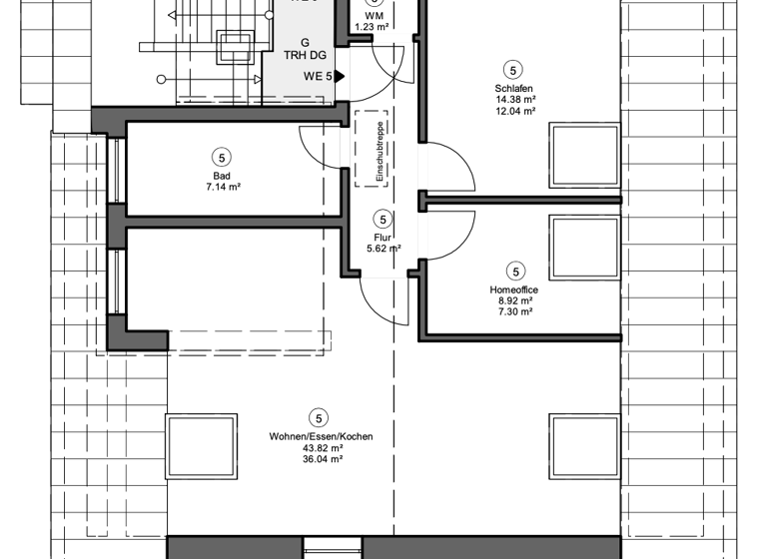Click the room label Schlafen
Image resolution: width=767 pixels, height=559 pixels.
(x=512, y=89)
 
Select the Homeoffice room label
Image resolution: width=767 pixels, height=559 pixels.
(x=515, y=289)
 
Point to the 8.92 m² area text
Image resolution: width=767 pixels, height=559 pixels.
(x=515, y=300)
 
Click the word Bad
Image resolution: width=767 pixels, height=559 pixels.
(x=221, y=176)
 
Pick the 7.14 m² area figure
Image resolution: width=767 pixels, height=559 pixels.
(x=221, y=187)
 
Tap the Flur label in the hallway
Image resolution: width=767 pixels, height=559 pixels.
(x=382, y=239)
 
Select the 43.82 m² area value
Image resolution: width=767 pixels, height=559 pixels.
(x=318, y=448)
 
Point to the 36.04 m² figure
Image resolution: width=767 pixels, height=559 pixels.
(x=318, y=459)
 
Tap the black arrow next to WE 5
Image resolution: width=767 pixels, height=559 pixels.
(x=340, y=76)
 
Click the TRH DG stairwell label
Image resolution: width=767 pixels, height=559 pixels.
(x=305, y=55)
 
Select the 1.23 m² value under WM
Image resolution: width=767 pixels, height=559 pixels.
(x=371, y=28)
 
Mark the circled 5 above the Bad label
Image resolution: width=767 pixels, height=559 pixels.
(x=221, y=157)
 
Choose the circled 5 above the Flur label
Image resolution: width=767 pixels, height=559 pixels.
(x=382, y=220)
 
